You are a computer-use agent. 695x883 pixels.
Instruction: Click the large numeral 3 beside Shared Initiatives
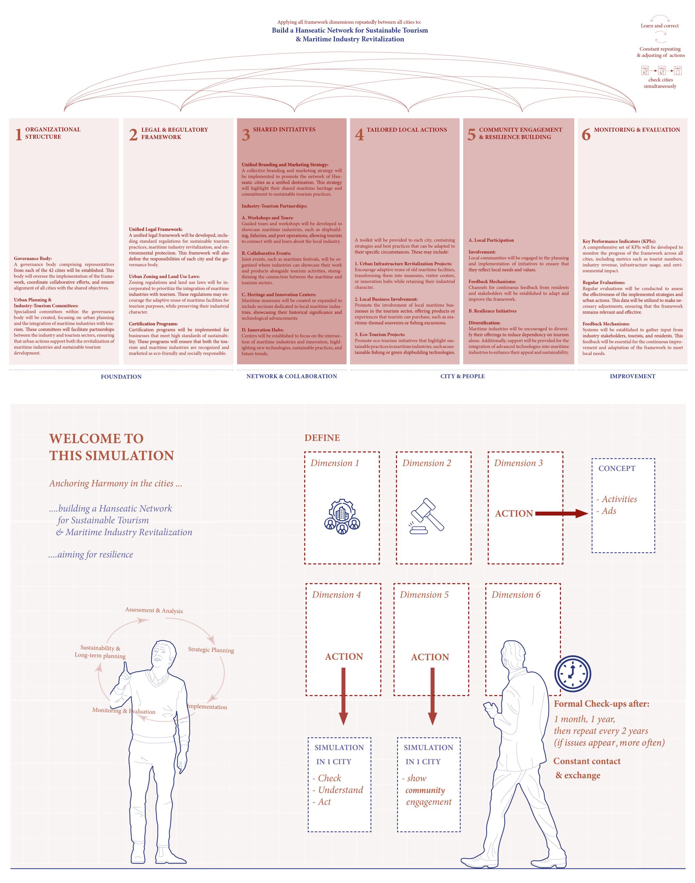tap(246, 135)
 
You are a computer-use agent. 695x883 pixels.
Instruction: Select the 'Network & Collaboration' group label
tap(292, 376)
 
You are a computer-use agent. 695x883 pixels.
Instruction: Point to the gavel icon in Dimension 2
tap(427, 515)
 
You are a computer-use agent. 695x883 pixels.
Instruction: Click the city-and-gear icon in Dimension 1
tap(342, 515)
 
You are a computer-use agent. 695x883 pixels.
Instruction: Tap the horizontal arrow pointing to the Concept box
tap(562, 514)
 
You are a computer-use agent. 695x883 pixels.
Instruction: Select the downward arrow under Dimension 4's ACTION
tap(343, 697)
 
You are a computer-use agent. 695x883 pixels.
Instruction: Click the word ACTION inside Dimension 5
tap(430, 657)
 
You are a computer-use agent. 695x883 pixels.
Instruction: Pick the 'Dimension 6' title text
tap(516, 595)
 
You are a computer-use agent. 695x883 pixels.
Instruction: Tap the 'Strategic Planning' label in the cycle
tap(211, 650)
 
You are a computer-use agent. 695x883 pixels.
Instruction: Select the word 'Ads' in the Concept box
tap(609, 511)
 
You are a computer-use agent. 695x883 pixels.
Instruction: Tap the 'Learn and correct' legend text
tap(660, 26)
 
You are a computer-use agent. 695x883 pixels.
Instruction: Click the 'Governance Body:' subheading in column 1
tap(33, 258)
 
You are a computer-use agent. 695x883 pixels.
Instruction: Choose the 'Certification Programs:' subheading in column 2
tap(153, 324)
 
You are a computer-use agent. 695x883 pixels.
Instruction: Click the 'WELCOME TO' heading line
tap(96, 439)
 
